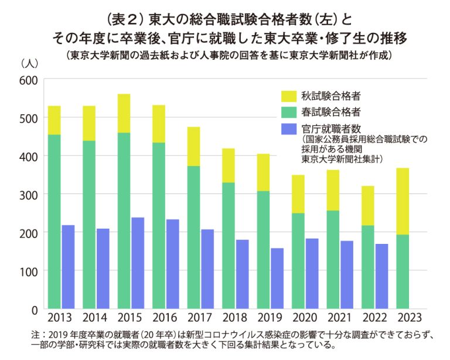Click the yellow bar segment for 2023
point(403,201)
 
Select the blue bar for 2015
point(137,263)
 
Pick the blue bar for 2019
point(277,279)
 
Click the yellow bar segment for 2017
point(193,146)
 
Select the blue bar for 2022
point(382,276)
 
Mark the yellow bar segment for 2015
point(124,113)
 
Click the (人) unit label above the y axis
point(28,62)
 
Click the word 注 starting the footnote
point(36,335)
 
